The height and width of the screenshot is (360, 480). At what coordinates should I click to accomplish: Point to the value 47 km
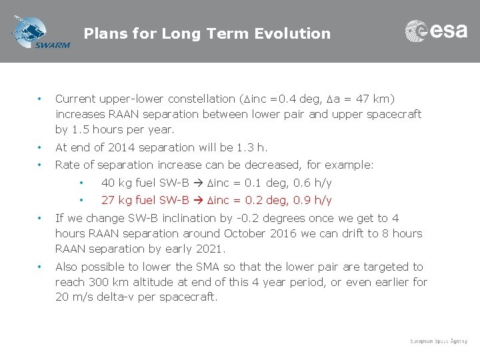coord(377,99)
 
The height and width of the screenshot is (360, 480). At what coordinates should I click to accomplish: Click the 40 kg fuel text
coord(129,183)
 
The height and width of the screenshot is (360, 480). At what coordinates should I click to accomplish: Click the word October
coord(246,234)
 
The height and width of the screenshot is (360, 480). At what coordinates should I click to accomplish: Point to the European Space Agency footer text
coord(439,341)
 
